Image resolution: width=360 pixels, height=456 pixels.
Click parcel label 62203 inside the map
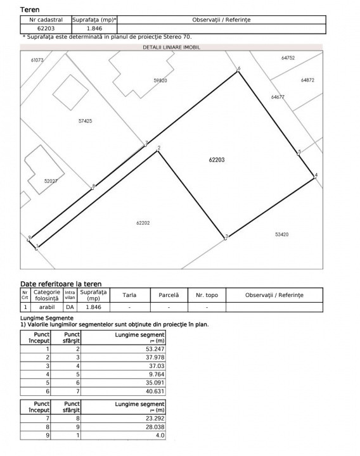[x=217, y=160]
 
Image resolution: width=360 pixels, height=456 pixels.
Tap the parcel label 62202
[x=144, y=222]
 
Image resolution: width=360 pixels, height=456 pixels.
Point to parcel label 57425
[x=85, y=120]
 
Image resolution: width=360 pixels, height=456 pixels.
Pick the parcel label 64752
[x=288, y=58]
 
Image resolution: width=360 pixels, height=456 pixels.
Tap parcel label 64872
[x=307, y=80]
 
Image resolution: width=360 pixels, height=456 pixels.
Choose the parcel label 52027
[x=51, y=180]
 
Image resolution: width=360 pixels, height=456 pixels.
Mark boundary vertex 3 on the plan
[x=226, y=237]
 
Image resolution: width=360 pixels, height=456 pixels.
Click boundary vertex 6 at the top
[x=238, y=71]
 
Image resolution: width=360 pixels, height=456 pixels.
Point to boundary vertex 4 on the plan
[x=315, y=177]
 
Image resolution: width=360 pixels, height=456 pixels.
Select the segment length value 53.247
[x=155, y=349]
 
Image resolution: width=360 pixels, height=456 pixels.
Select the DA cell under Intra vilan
[x=70, y=307]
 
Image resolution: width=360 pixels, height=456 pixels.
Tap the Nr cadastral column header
[x=46, y=20]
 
